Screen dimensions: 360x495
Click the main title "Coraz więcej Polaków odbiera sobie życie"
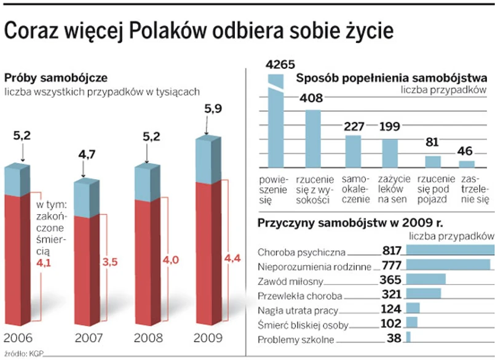(x=198, y=31)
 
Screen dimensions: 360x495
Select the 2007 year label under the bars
(x=89, y=338)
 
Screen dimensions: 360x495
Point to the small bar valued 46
(x=467, y=164)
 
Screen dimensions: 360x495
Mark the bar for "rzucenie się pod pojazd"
(x=433, y=161)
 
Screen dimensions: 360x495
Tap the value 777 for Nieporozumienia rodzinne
(x=390, y=265)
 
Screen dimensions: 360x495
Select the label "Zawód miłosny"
(x=288, y=281)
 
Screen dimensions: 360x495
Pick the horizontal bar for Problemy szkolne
(x=408, y=337)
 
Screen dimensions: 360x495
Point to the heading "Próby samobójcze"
(x=57, y=78)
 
